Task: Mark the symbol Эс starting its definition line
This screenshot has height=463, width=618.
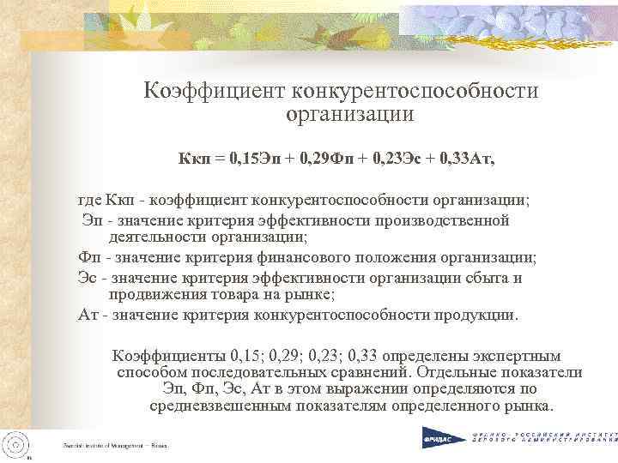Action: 87,278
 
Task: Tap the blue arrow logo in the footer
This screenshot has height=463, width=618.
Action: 432,438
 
